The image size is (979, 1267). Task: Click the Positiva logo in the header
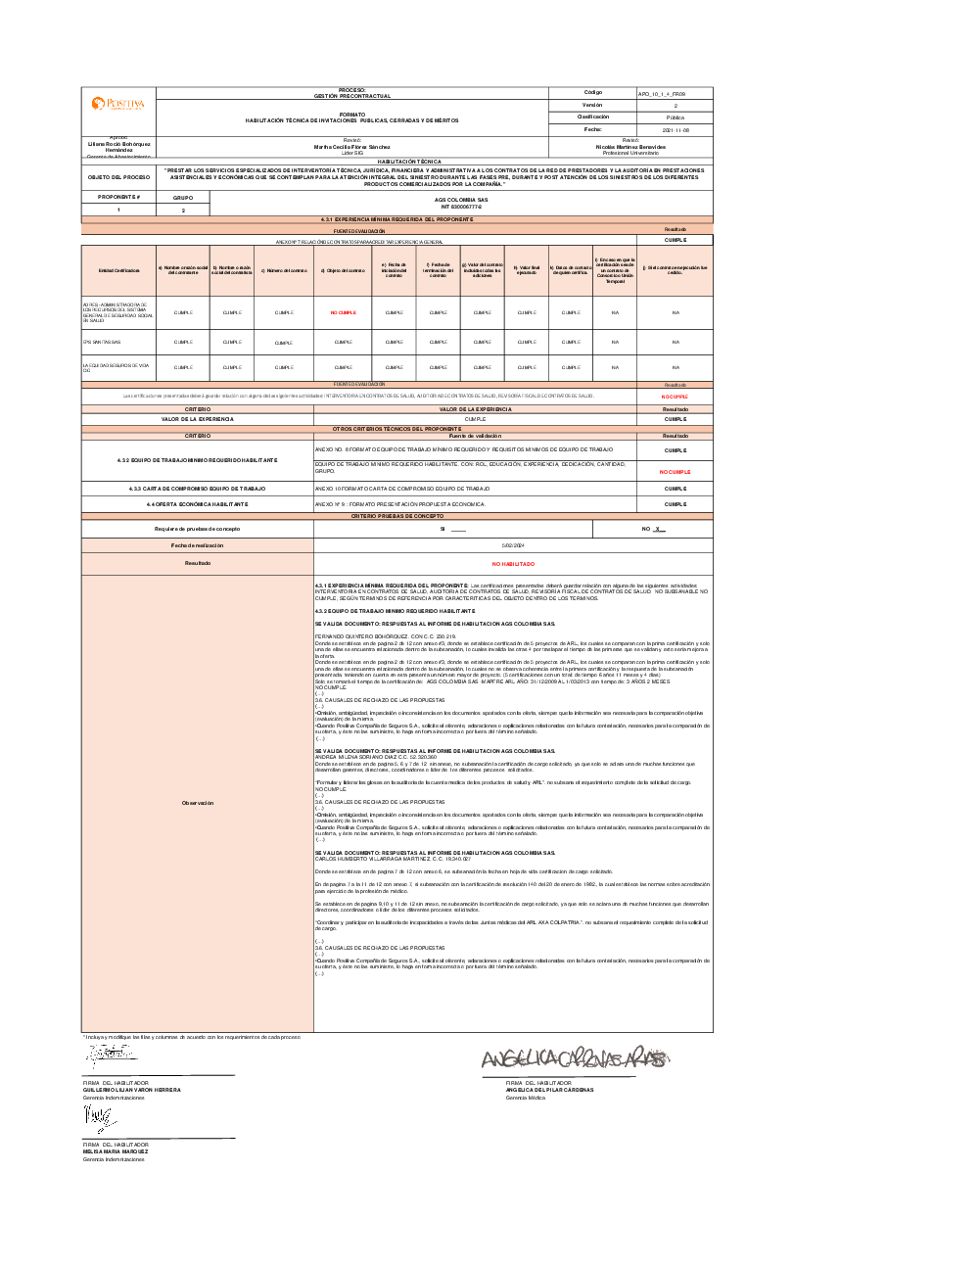tap(118, 104)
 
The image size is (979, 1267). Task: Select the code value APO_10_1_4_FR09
tap(655, 93)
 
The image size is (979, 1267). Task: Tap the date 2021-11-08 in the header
tap(675, 129)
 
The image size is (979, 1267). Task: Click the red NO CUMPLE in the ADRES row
tap(343, 313)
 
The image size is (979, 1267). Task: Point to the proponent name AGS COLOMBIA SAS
tap(461, 200)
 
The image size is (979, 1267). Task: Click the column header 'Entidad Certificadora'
tap(118, 271)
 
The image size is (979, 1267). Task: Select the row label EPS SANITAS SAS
tap(102, 342)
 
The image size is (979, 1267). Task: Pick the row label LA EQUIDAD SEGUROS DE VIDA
tap(116, 367)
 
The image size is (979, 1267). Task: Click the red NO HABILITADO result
tap(513, 564)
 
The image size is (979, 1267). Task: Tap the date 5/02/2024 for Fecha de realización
tap(513, 545)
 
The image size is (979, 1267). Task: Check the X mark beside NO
tap(659, 529)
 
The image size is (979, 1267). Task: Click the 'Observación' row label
tap(197, 803)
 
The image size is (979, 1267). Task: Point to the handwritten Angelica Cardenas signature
tap(575, 1058)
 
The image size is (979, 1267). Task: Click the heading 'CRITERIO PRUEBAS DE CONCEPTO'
tap(397, 516)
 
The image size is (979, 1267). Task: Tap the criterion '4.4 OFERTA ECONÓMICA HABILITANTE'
tap(197, 504)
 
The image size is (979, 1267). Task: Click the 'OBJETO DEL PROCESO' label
tap(118, 177)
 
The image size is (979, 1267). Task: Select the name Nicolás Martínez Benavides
tap(630, 147)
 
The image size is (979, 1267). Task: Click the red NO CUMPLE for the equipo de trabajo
tap(675, 472)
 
